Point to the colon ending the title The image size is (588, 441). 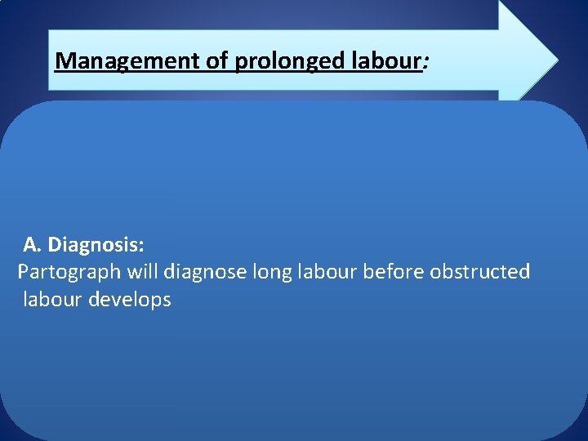[x=424, y=62]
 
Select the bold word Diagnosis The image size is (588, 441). [x=96, y=244]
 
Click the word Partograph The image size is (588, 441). [x=69, y=272]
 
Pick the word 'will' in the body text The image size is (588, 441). [x=140, y=271]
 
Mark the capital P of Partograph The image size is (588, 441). [x=24, y=271]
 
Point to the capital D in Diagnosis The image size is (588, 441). [x=55, y=244]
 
